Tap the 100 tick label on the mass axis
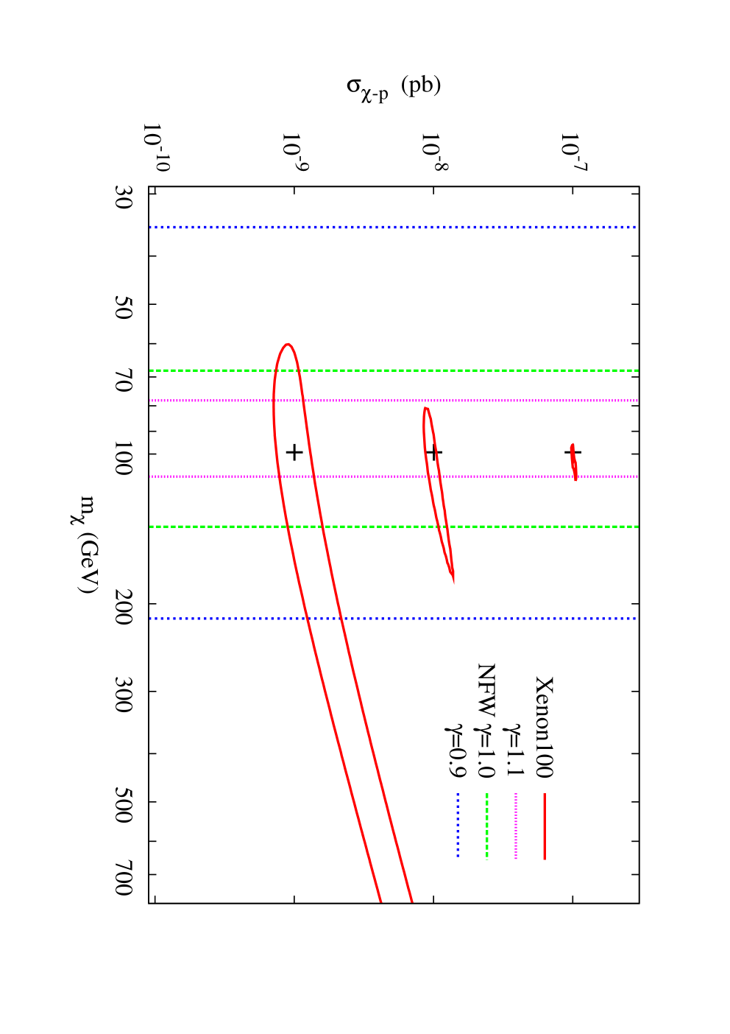pyautogui.click(x=123, y=457)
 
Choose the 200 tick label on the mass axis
pyautogui.click(x=123, y=608)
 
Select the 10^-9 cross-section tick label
pyautogui.click(x=294, y=152)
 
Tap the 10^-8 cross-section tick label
pyautogui.click(x=434, y=152)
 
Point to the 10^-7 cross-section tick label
pyautogui.click(x=573, y=152)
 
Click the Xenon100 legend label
pyautogui.click(x=544, y=727)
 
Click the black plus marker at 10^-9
pyautogui.click(x=294, y=452)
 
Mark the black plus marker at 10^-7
pyautogui.click(x=573, y=452)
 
